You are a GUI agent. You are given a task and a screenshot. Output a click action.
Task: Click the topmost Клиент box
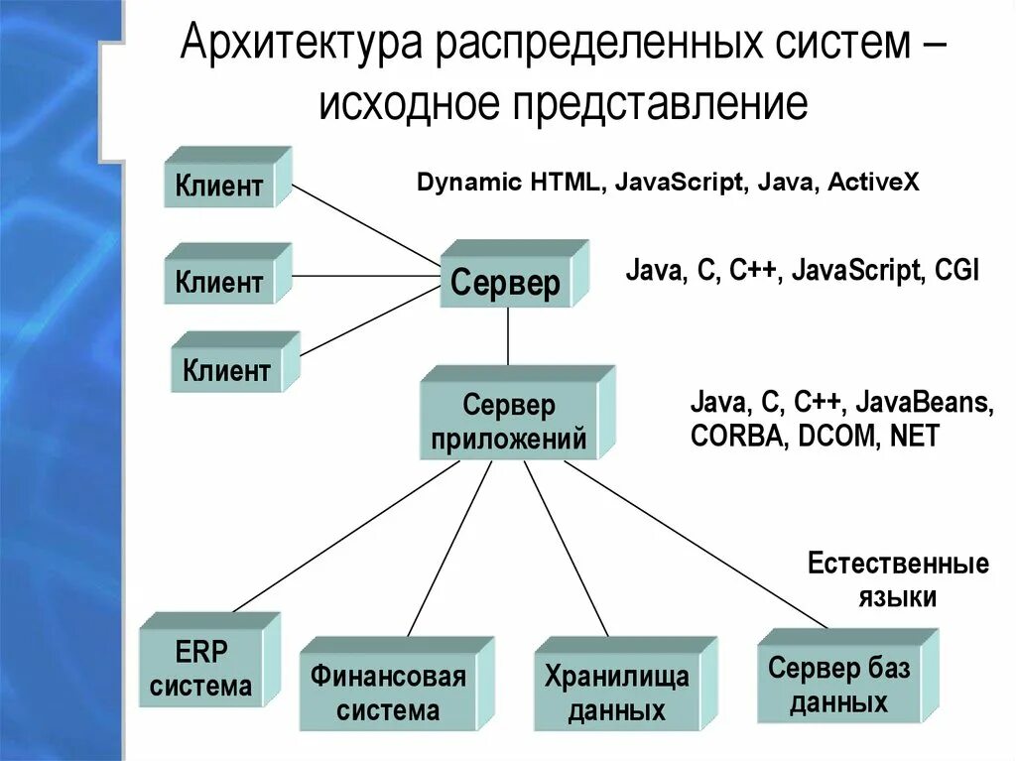click(x=220, y=186)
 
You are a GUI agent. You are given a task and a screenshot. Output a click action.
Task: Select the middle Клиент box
click(x=220, y=282)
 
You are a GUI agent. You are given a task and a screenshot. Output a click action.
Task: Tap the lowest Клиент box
click(x=227, y=371)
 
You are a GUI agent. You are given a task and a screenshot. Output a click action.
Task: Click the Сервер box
click(x=506, y=284)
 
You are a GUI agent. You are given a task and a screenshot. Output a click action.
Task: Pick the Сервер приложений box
click(x=509, y=421)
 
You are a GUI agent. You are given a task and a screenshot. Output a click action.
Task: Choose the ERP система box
click(x=201, y=669)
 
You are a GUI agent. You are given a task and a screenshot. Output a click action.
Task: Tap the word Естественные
click(x=898, y=565)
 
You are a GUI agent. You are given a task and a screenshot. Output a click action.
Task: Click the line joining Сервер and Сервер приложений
click(x=508, y=336)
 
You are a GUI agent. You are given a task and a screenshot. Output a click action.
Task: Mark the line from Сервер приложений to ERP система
click(x=342, y=537)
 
